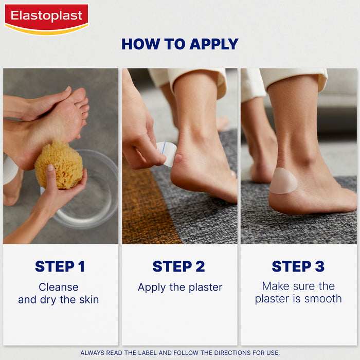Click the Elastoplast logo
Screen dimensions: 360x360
click(x=46, y=18)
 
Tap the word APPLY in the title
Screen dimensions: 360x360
click(x=213, y=44)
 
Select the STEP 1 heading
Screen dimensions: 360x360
click(x=60, y=266)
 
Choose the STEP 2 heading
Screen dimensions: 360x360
click(x=178, y=266)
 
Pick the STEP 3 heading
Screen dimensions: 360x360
click(x=298, y=266)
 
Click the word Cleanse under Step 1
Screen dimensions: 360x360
click(x=59, y=287)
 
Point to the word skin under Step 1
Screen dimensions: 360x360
click(x=87, y=299)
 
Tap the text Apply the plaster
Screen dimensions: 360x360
click(x=179, y=287)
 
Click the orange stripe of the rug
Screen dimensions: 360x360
click(x=147, y=206)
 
